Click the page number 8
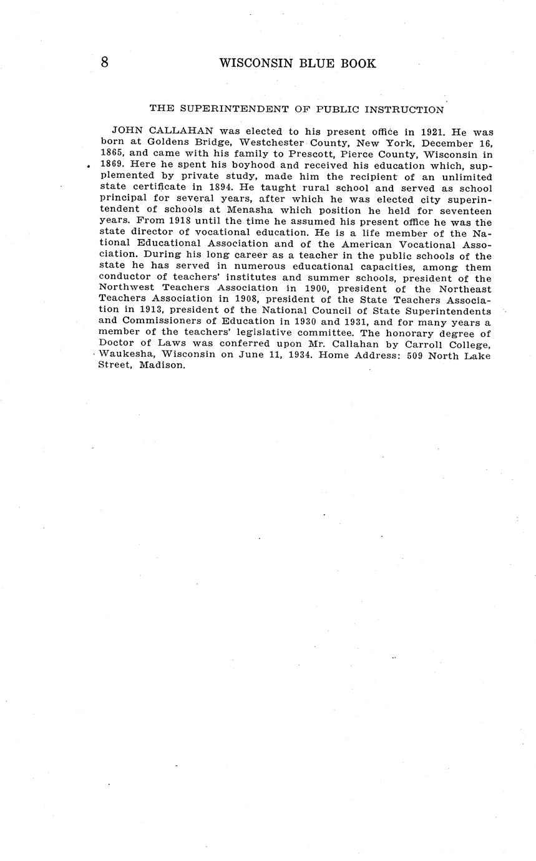(x=104, y=62)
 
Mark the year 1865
(x=112, y=155)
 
